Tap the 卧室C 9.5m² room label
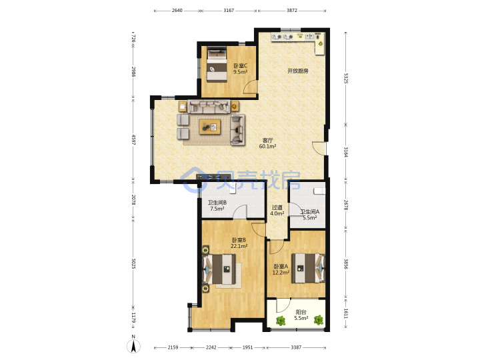[x=240, y=69]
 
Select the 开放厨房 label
[x=297, y=71]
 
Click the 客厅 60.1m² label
[x=267, y=143]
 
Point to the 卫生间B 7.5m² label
[x=217, y=206]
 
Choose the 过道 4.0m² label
[x=277, y=211]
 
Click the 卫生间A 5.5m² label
[x=310, y=215]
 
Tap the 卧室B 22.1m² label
[x=239, y=243]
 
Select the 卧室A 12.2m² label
[x=281, y=269]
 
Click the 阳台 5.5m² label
[x=301, y=315]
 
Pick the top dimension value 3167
[x=229, y=11]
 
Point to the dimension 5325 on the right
[x=346, y=79]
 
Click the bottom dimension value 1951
[x=247, y=347]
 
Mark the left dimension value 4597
[x=133, y=139]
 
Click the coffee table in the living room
[x=210, y=127]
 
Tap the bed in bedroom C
[x=217, y=64]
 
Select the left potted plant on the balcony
[x=281, y=321]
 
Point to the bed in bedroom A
[x=308, y=268]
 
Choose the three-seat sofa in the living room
[x=209, y=107]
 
